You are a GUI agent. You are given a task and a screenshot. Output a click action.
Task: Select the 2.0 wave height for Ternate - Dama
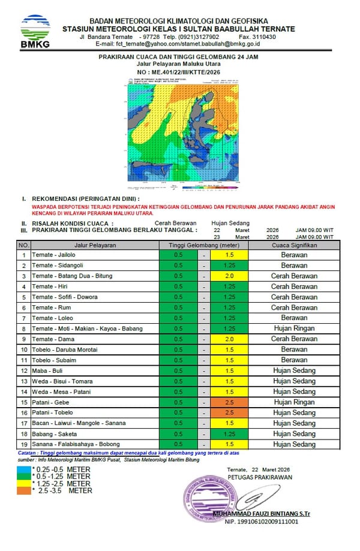point(229,339)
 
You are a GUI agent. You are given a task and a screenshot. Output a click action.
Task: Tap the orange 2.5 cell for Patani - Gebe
point(229,402)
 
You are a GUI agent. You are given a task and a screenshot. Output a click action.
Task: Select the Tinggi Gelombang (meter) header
point(203,245)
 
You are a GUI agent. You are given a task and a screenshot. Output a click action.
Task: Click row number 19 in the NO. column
point(23,444)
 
